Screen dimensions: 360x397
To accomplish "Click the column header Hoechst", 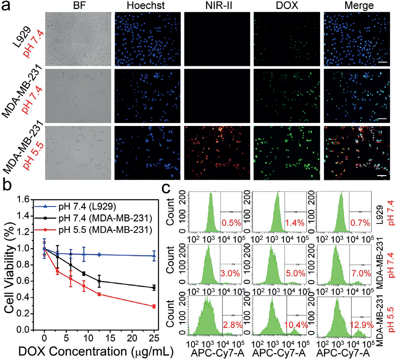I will (148, 5).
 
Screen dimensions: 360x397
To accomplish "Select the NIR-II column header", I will (217, 5).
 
